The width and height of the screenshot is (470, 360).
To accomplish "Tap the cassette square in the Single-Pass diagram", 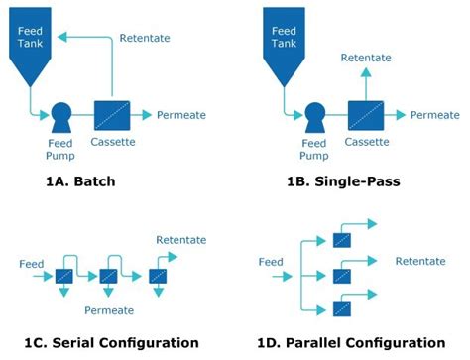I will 366,115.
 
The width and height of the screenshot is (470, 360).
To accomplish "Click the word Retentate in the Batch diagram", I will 145,38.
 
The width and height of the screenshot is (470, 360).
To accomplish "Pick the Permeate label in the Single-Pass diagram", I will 435,115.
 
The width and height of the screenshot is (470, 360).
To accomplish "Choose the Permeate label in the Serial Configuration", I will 109,310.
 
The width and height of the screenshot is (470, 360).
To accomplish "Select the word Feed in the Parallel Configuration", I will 272,262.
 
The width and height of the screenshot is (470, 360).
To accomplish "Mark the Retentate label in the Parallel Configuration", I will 419,262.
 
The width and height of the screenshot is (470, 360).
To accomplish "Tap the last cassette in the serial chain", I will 157,276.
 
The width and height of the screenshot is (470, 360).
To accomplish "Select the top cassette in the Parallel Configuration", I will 341,239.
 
